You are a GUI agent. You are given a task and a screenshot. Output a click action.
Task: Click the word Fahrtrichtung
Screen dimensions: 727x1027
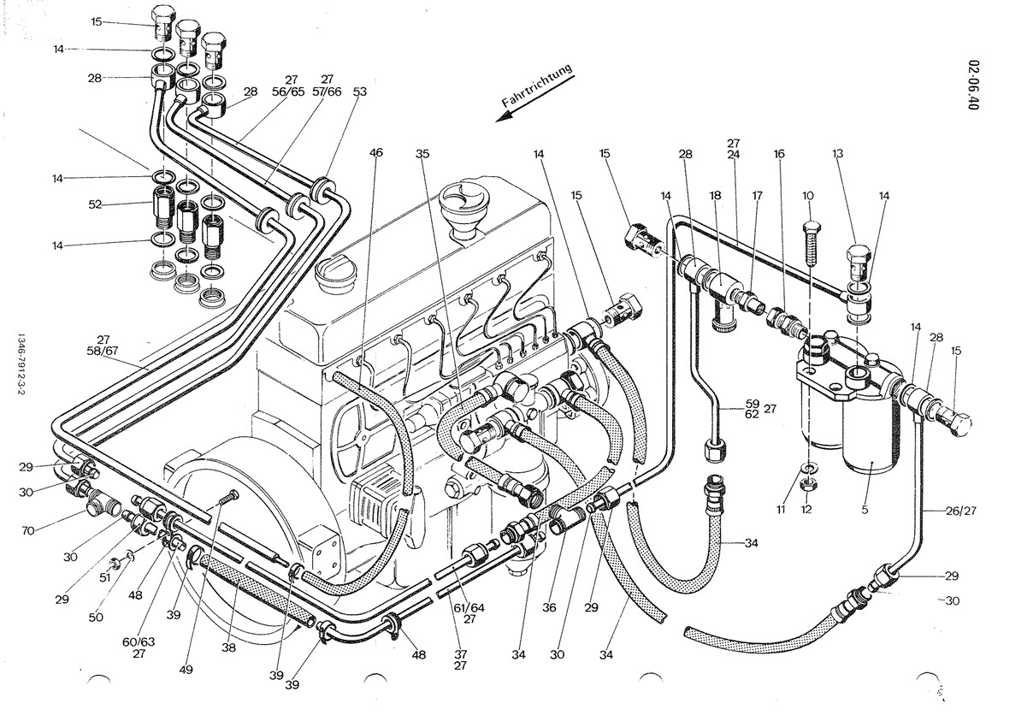click(536, 87)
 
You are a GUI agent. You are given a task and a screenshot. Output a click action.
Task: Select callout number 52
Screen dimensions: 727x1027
click(96, 204)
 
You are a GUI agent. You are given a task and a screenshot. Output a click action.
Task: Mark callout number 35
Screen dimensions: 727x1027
click(422, 153)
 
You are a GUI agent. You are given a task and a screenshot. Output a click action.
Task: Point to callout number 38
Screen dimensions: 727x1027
click(228, 648)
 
